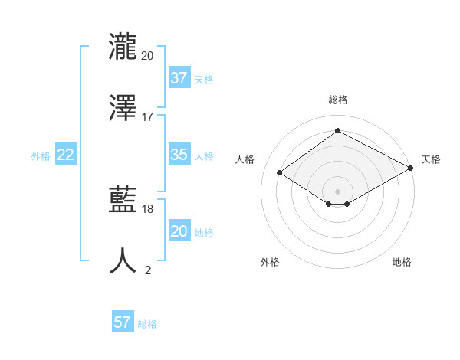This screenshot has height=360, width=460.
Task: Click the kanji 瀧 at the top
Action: click(123, 47)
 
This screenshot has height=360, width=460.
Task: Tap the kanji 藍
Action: click(123, 201)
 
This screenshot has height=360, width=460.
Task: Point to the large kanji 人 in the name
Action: click(123, 261)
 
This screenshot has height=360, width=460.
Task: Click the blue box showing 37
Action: click(179, 78)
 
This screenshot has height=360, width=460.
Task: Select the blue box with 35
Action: click(179, 155)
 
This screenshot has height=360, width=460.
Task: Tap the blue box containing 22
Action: click(66, 155)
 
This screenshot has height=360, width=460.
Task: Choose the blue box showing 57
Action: click(123, 322)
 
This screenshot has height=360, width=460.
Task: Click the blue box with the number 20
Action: click(179, 231)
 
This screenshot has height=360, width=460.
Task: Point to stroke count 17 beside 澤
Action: click(148, 117)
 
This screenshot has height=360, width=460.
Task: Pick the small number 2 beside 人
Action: click(148, 270)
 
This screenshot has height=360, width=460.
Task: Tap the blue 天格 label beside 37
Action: click(204, 79)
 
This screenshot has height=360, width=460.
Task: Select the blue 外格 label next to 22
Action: click(41, 155)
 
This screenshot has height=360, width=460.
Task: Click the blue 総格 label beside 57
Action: click(147, 323)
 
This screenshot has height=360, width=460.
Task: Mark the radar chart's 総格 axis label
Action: click(338, 100)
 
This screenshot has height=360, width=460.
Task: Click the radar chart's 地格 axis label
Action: click(402, 262)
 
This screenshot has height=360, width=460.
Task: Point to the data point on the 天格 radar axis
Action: click(412, 169)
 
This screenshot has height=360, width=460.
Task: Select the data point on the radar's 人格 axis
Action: click(280, 173)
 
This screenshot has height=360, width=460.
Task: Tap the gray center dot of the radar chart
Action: click(338, 191)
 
